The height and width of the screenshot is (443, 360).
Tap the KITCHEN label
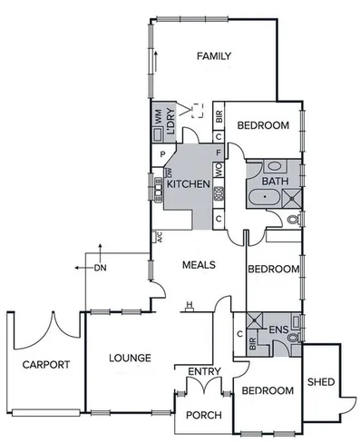coord(188,184)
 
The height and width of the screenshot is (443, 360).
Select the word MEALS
coord(197,265)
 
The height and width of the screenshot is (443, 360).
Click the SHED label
coord(319,380)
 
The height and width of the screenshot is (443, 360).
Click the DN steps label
coord(102,269)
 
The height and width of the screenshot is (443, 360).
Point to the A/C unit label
coord(159,239)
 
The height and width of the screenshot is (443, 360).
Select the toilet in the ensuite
coord(292,337)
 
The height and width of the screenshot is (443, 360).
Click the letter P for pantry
coord(162,154)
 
